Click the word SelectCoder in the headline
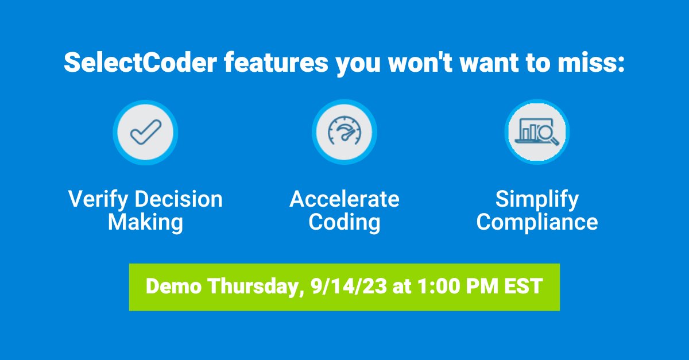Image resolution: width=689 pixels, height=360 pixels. click(140, 63)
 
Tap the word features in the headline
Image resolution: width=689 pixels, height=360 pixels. click(276, 63)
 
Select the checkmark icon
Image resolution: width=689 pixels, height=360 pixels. click(145, 132)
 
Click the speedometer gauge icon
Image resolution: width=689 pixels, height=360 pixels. click(344, 130)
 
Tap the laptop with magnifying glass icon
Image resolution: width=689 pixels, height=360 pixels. click(537, 131)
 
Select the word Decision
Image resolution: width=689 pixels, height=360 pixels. click(179, 199)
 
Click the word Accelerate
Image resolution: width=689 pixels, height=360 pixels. click(344, 199)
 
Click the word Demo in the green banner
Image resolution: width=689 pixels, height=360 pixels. click(173, 286)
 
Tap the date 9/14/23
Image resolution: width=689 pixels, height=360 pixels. click(349, 286)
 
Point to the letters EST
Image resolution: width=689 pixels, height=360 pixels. click(523, 286)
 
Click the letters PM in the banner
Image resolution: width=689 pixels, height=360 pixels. click(482, 286)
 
